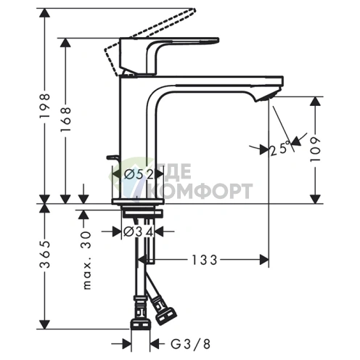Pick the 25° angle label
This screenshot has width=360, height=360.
click(x=278, y=150)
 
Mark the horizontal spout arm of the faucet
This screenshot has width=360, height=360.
click(x=218, y=82)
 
